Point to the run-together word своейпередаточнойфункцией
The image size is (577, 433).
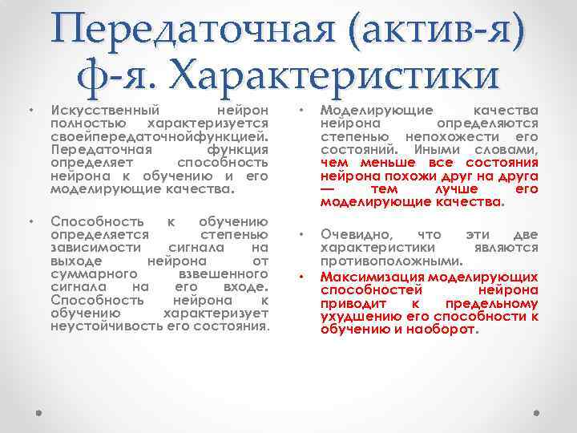[x=159, y=136]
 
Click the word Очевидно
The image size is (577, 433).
[x=358, y=234]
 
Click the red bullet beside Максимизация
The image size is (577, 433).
[x=300, y=276]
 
